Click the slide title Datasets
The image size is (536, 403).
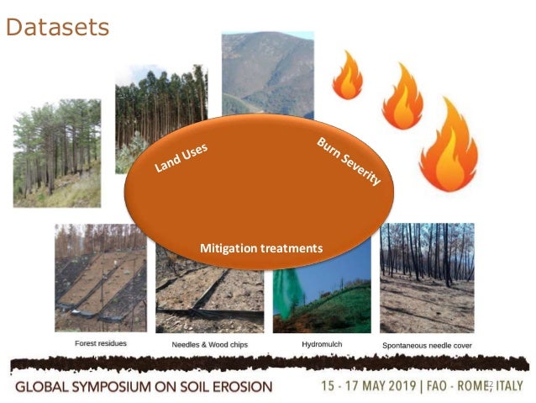(57, 27)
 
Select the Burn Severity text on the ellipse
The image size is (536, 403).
(349, 162)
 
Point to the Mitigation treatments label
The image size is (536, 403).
(261, 249)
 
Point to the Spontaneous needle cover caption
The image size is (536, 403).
(427, 345)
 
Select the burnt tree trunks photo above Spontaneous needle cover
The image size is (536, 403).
(427, 278)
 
